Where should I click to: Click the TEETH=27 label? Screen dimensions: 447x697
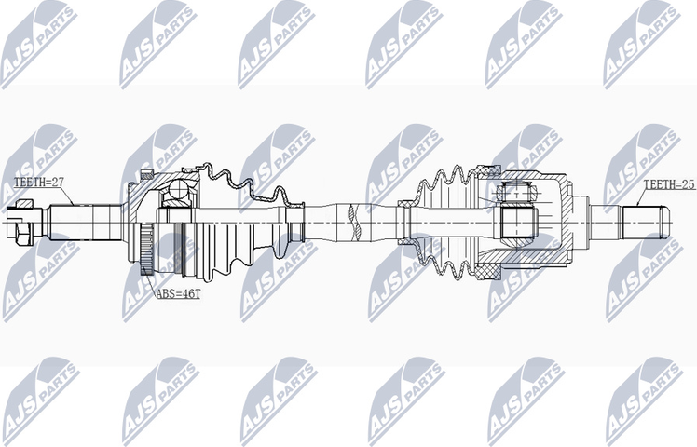pyautogui.click(x=37, y=183)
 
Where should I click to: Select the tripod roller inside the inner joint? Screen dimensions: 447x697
pyautogui.click(x=518, y=221)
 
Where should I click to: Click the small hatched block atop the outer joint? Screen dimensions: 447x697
pyautogui.click(x=146, y=173)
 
